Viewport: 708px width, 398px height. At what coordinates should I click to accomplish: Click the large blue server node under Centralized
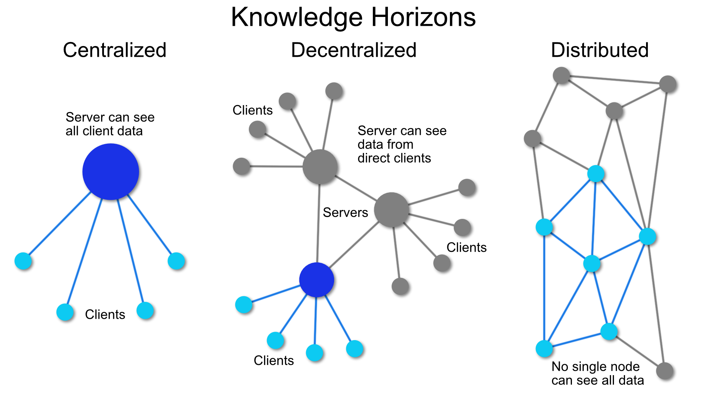[111, 172]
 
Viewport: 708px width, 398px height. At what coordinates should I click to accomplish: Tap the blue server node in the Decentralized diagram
[316, 280]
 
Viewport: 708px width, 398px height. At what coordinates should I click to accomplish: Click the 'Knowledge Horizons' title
[353, 17]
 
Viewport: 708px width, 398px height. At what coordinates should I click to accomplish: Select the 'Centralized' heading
[115, 50]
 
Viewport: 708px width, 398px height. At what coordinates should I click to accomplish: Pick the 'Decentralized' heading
[353, 50]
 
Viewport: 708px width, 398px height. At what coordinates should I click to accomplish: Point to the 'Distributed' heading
[600, 50]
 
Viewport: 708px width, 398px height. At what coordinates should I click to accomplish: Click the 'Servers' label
[345, 213]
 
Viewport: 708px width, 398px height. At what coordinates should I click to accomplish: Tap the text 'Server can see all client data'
[110, 124]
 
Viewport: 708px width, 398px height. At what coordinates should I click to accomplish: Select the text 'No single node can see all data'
[597, 373]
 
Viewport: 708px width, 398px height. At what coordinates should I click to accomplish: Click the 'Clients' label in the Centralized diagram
[105, 314]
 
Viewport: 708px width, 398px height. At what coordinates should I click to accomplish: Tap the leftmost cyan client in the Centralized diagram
[23, 261]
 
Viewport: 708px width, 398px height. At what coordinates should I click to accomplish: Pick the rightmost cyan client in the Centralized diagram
[176, 261]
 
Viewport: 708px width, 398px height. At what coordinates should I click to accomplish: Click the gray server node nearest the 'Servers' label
[391, 210]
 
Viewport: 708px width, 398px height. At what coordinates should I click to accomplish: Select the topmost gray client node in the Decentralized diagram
[334, 91]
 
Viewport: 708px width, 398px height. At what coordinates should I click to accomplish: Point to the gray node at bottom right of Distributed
[665, 371]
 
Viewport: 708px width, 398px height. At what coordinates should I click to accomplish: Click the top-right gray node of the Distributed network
[668, 84]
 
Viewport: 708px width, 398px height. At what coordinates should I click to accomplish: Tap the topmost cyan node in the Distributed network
[596, 173]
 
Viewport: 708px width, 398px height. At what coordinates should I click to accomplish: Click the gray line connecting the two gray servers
[355, 188]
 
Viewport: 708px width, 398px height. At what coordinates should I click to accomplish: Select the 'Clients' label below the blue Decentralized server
[274, 360]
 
